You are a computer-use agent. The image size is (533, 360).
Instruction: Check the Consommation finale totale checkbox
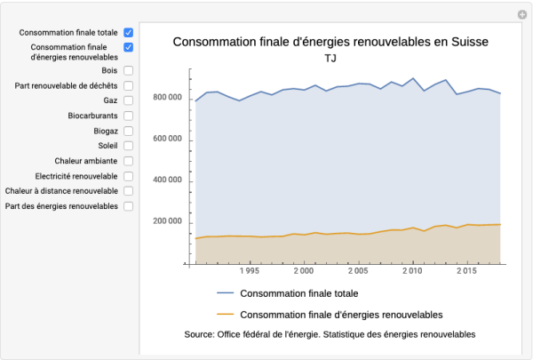point(129,32)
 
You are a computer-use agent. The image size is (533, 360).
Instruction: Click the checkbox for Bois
point(129,70)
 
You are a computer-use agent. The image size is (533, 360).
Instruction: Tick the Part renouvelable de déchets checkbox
point(129,85)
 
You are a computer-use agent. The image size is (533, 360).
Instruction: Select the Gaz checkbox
point(129,100)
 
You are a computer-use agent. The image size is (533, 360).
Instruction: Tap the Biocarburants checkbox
point(129,116)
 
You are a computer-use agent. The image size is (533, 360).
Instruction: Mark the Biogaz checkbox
point(129,131)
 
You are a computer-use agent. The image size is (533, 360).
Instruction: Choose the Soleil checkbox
point(129,146)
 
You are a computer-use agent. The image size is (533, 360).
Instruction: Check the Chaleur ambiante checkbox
point(129,161)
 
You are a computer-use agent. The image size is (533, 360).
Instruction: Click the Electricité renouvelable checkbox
point(129,176)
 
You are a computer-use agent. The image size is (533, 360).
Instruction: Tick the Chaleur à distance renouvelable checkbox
point(129,191)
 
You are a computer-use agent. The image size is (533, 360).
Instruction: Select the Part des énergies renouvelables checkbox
point(129,206)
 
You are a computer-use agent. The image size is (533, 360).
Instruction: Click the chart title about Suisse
point(330,42)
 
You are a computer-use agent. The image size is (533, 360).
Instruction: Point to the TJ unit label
point(330,59)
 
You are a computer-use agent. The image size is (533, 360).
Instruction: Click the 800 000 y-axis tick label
point(167,97)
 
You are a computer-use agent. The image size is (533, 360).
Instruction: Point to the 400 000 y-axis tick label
point(167,180)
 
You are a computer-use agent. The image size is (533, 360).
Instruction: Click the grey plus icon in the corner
point(522,14)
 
